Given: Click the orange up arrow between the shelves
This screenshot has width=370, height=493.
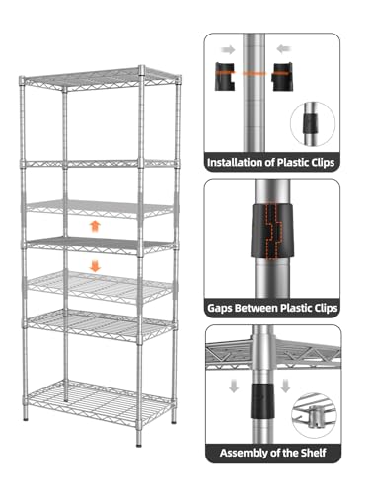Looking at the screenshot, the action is point(95,226).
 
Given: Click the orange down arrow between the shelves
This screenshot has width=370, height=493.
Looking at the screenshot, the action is point(95,265).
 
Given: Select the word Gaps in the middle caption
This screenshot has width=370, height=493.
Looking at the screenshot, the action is point(220,309).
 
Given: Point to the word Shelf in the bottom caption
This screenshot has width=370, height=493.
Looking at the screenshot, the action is point(313,453).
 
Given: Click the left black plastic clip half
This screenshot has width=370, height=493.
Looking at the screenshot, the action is point(225,76).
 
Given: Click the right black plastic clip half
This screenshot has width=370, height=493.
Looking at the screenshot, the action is point(282,76).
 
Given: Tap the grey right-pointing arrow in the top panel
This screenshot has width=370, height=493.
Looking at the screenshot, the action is point(228,50).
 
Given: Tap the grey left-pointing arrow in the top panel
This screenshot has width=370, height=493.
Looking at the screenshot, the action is point(284,49).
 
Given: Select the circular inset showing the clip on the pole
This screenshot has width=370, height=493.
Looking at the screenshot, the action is point(313,124).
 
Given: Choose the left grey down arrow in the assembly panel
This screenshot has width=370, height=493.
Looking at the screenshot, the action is point(234,386).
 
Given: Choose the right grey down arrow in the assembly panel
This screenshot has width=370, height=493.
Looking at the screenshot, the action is point(285,386).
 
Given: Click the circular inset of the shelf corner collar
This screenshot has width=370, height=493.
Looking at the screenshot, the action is point(314,415).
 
